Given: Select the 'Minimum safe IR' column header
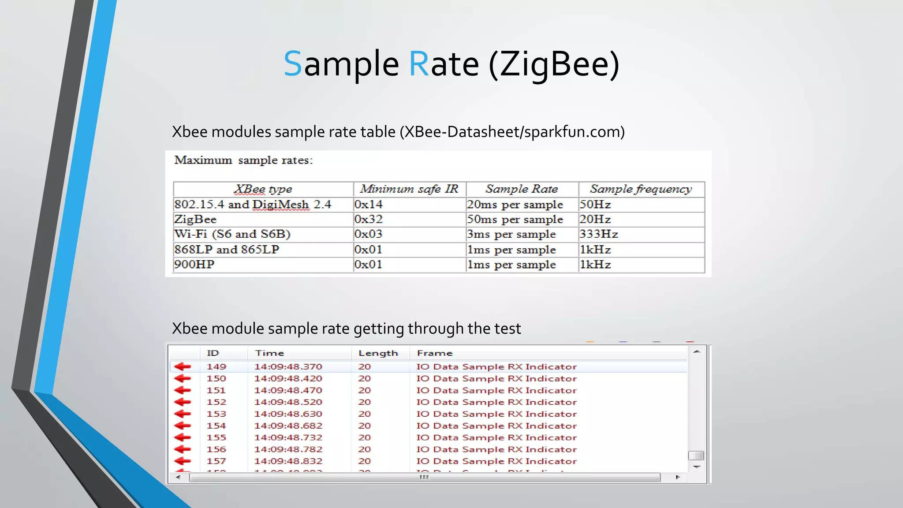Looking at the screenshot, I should [409, 189].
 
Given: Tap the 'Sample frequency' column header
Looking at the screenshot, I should [641, 189].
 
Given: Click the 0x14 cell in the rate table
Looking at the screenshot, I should [369, 205].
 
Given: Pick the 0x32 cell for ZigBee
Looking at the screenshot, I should [369, 220].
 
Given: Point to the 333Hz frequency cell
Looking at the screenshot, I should [599, 234].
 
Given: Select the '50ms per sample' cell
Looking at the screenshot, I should [515, 220].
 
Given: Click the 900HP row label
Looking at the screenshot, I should [194, 265].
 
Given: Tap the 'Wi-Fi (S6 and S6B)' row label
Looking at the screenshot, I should [232, 234].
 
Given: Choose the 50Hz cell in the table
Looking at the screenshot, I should [595, 205].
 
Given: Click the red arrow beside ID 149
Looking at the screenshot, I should [183, 366].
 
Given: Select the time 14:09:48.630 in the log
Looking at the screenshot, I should [288, 414].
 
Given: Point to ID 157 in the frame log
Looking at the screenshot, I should [216, 461].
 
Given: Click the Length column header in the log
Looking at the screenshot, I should [378, 353].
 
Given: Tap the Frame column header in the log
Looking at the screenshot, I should [435, 353].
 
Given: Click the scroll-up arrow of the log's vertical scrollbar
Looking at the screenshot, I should [697, 352].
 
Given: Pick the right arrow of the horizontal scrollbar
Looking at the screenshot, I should [678, 477].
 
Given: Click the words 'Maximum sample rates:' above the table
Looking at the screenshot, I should [243, 160].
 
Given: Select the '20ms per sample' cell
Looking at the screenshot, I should [515, 205].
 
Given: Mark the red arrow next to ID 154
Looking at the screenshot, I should [183, 426].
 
